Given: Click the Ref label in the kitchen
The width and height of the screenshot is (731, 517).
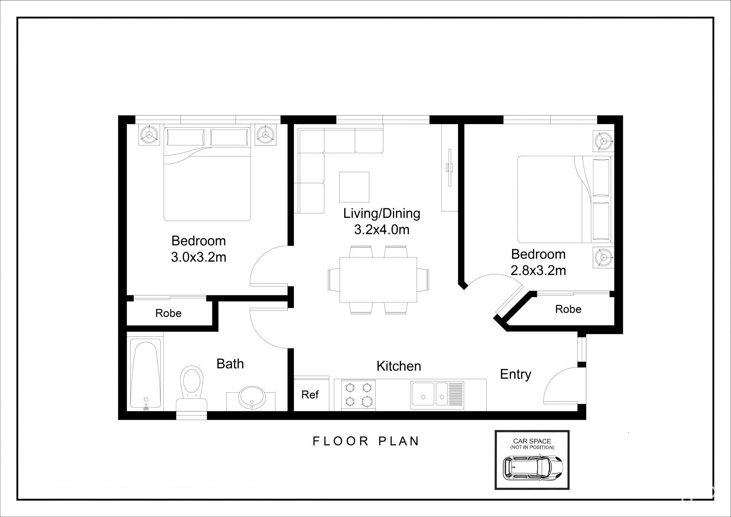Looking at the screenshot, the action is (x=310, y=395).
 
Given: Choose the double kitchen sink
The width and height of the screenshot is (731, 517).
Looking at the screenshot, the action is (x=437, y=395).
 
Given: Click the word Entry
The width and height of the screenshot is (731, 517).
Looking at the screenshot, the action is (x=516, y=374).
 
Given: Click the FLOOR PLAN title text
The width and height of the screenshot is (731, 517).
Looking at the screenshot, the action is (x=366, y=441).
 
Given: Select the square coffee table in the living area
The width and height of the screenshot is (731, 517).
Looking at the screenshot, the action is (x=354, y=187).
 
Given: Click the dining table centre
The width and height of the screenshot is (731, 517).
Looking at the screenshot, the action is (x=378, y=280).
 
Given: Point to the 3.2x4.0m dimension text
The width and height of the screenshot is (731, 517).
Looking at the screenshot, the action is (x=382, y=230).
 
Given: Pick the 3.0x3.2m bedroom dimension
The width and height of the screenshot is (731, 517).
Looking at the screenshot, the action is (x=199, y=258).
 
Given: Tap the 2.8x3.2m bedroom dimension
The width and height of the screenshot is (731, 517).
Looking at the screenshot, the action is (x=538, y=271).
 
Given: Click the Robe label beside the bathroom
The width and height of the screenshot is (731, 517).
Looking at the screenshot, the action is (x=168, y=313).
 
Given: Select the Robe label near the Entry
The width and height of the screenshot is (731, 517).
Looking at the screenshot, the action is (x=568, y=309).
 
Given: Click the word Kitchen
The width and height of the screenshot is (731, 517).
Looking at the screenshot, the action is (x=399, y=366).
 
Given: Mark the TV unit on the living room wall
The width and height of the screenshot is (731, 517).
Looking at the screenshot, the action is (x=449, y=169).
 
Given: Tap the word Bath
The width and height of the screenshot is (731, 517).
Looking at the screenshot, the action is (x=230, y=364).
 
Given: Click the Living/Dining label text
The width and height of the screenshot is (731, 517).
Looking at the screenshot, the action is (x=382, y=213).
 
